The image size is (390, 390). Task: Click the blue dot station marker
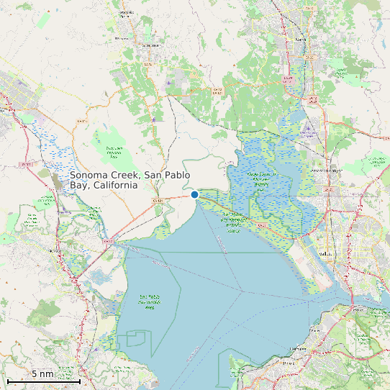[x=194, y=194]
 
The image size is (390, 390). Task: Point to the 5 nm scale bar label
[x=42, y=374]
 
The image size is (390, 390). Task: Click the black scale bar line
[x=42, y=381]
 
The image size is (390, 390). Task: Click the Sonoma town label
[x=151, y=45]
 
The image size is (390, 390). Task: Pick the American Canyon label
[x=325, y=171]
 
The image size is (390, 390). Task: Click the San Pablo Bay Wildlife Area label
[x=149, y=301]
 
